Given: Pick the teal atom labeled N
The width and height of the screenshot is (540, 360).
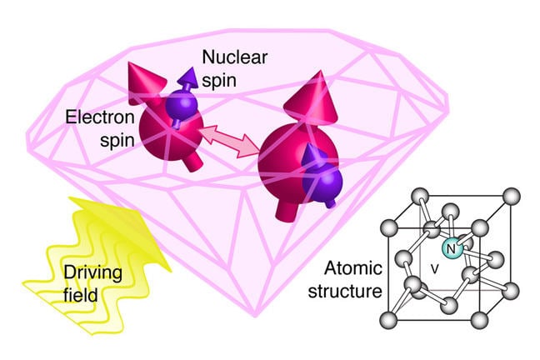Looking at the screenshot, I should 451,248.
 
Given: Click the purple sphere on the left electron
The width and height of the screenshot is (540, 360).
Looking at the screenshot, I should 180,108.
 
